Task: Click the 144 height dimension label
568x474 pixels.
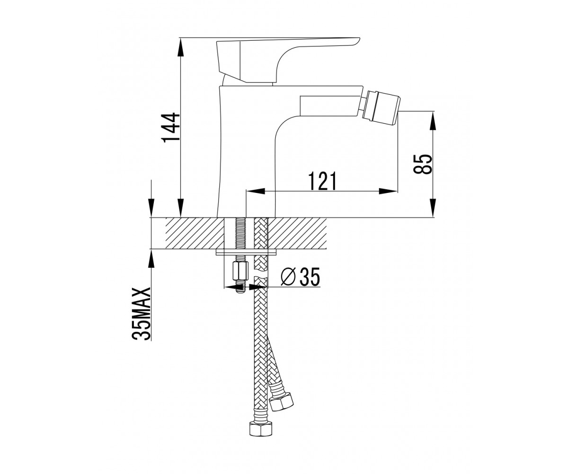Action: [x=170, y=127]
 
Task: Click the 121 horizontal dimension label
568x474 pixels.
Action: [x=322, y=181]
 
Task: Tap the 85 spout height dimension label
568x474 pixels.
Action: [x=423, y=164]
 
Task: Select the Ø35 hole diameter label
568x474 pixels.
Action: [x=300, y=276]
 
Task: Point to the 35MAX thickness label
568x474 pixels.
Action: [x=141, y=313]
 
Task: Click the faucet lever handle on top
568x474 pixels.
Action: [x=288, y=60]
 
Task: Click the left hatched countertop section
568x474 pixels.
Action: [x=195, y=233]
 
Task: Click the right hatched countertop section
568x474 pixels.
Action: [x=297, y=233]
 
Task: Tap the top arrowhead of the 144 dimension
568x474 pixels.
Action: [x=180, y=47]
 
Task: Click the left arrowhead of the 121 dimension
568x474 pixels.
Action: [x=255, y=191]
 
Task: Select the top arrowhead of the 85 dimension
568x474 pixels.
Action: [x=432, y=120]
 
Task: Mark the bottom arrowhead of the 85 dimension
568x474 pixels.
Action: [x=432, y=208]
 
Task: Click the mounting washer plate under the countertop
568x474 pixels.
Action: [x=246, y=252]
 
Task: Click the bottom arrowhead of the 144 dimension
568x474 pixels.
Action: [x=180, y=208]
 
